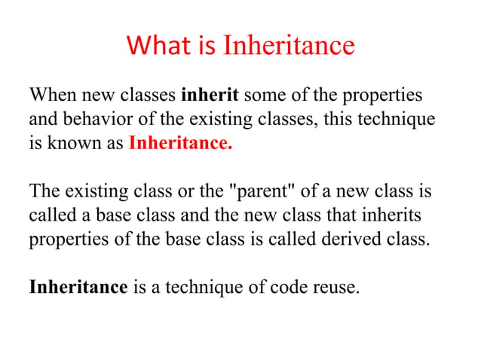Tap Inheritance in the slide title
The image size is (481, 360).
pyautogui.click(x=289, y=46)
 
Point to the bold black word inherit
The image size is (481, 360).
pyautogui.click(x=210, y=96)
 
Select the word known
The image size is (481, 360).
pyautogui.click(x=74, y=143)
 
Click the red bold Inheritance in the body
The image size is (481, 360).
pyautogui.click(x=181, y=143)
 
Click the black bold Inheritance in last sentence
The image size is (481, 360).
pyautogui.click(x=78, y=286)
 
